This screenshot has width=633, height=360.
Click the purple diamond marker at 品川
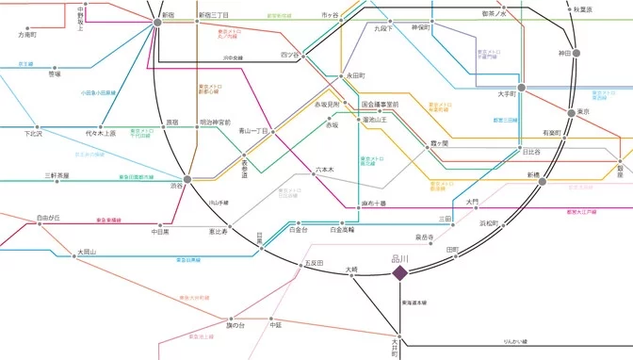coord(399,273)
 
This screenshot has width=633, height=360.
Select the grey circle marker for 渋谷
coord(187,179)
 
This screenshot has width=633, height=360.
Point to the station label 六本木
coord(324,171)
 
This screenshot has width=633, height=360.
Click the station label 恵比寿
coord(218,231)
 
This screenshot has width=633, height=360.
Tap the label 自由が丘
coord(49,218)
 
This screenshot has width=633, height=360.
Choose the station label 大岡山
coord(88,253)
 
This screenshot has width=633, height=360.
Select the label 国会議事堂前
coord(380,104)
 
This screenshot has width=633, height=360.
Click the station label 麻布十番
coord(374,203)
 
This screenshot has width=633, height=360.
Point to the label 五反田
coord(313,263)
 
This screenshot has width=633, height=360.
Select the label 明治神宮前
coord(215,123)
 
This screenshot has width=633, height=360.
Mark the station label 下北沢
coord(34,134)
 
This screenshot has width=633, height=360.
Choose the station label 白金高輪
coord(342,229)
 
